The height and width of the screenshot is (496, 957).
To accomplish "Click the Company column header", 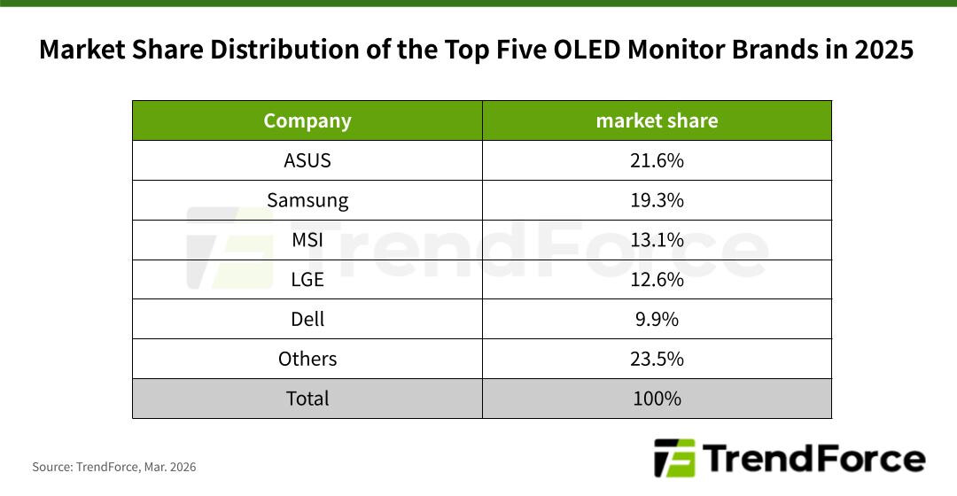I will (x=307, y=120).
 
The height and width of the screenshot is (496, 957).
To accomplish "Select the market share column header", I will (x=657, y=120).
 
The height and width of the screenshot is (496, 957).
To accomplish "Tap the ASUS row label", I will (x=307, y=160).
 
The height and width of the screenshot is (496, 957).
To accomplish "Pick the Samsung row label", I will (x=307, y=200).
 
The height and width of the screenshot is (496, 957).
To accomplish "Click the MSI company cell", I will (x=307, y=240).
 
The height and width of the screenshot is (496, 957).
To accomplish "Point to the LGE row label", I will (x=307, y=280).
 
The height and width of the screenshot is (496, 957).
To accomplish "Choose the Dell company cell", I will (x=307, y=319).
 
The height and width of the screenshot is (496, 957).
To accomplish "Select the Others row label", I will (x=307, y=359).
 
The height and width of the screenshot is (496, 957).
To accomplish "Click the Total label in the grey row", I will (x=307, y=399).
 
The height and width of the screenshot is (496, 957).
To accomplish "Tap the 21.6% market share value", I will (x=657, y=160).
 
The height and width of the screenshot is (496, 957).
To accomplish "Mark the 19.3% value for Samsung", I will (x=657, y=200).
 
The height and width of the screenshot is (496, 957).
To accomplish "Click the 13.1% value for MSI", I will (x=657, y=240).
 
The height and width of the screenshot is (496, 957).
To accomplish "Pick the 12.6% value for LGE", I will (x=657, y=280).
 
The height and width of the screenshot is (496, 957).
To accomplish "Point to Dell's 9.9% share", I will (x=657, y=319).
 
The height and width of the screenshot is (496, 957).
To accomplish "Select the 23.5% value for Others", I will (x=657, y=359).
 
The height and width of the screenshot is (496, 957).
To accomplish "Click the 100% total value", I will (x=657, y=399).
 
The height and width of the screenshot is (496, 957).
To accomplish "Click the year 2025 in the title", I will (x=883, y=50).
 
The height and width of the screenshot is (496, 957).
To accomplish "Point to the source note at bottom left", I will (x=114, y=467).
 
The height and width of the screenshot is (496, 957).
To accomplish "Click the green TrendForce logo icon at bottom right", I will (x=674, y=459).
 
